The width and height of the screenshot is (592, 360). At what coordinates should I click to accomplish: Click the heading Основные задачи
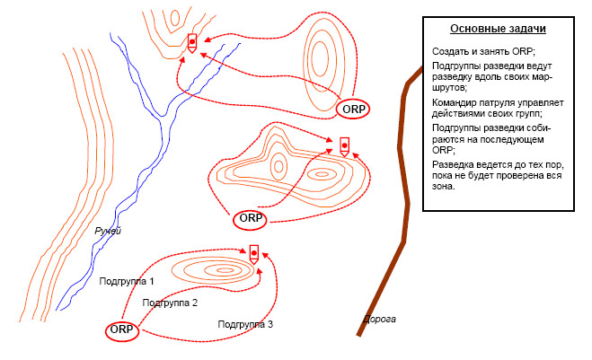[498, 29]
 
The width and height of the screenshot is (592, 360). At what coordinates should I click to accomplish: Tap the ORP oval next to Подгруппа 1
[121, 329]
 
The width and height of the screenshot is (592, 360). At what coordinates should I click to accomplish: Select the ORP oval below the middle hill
[250, 218]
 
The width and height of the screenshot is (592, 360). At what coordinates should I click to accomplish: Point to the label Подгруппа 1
[127, 281]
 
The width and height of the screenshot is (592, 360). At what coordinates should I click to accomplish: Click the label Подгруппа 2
[170, 303]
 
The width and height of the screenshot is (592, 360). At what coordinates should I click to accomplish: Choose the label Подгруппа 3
[245, 323]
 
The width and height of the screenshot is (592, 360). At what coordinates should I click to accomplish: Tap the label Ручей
[108, 232]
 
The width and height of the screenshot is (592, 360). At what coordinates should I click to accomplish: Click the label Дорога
[378, 319]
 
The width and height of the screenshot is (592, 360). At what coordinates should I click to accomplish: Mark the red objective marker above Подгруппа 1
[254, 253]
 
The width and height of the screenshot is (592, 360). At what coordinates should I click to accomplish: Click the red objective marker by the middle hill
[344, 145]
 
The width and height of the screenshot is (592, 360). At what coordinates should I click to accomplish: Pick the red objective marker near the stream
[192, 41]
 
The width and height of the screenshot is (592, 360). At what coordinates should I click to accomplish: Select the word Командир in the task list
[455, 102]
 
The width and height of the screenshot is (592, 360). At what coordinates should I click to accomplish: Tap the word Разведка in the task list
[454, 164]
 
